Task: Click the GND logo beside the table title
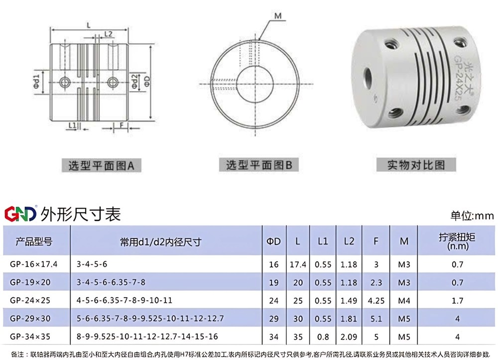(x=20, y=214)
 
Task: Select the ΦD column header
(x=273, y=241)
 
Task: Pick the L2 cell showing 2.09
(x=349, y=337)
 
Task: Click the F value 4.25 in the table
(x=376, y=301)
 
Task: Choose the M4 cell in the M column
(x=403, y=301)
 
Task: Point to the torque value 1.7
(x=457, y=301)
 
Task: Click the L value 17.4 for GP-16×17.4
(x=297, y=264)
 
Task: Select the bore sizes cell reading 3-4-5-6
(x=92, y=264)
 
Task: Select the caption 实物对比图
(x=416, y=165)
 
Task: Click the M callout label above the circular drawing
(x=278, y=16)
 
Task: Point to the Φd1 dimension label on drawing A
(x=36, y=82)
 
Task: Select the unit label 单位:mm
(x=472, y=216)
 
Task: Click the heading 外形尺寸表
(x=81, y=214)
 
